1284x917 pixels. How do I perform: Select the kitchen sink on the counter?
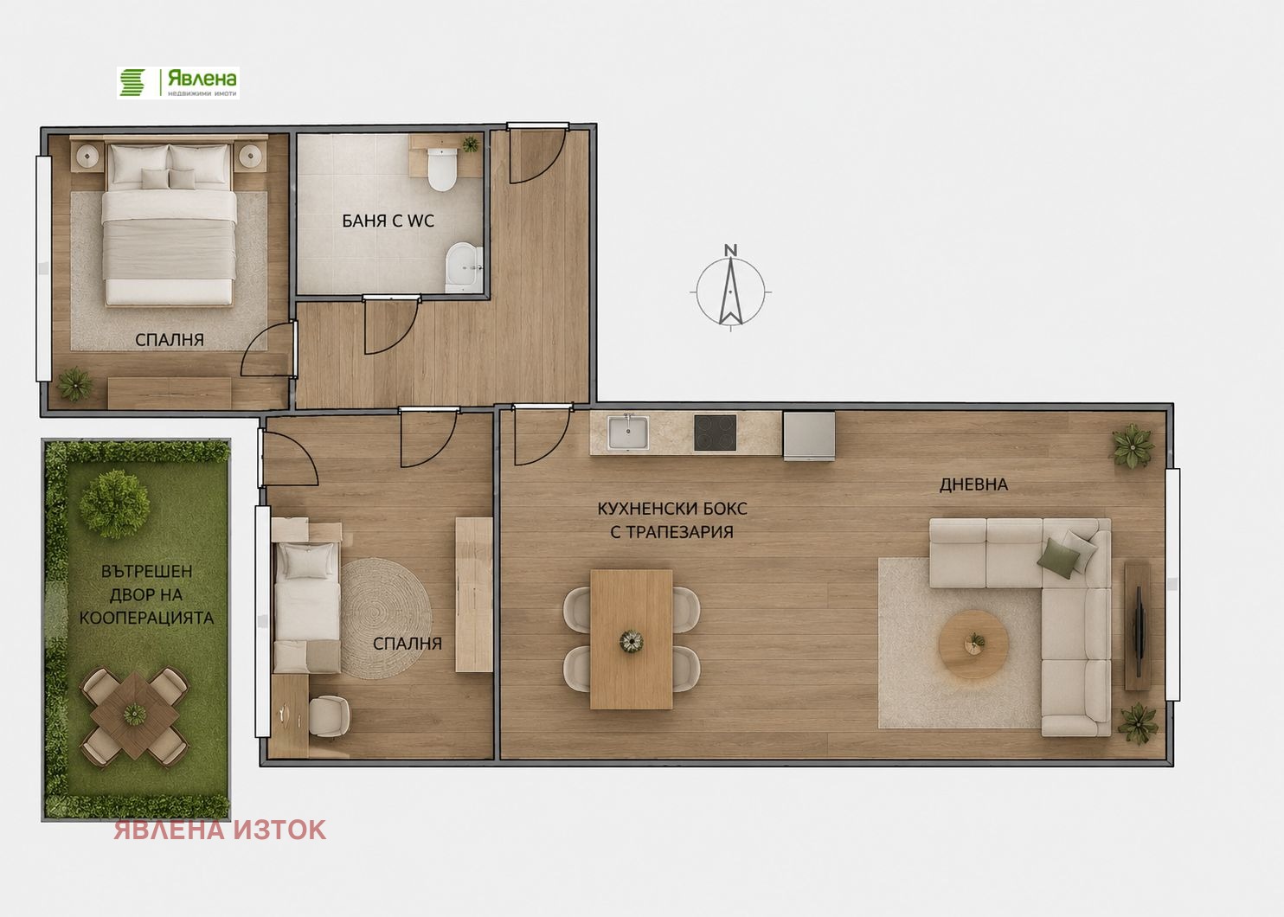coord(628,433)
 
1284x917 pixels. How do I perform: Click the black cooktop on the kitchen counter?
coord(715,433)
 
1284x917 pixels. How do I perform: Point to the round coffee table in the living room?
coord(973,644)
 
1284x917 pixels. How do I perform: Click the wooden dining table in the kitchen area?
coord(631,639)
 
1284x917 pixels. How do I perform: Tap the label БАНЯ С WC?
coord(388,221)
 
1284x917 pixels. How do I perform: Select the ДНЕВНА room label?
coord(973,484)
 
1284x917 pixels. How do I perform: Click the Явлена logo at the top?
coord(178,83)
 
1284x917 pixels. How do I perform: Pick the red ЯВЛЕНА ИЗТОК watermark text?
coord(220,830)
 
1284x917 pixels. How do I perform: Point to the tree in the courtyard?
coord(114,504)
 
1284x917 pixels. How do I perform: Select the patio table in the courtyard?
coord(135,715)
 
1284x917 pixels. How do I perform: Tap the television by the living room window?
coord(1139,625)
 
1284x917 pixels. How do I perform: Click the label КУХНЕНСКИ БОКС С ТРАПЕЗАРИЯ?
coord(671,521)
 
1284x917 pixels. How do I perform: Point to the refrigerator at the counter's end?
coord(809,436)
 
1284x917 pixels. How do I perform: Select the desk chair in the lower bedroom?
coord(329,715)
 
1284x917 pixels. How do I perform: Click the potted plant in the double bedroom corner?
coord(75,383)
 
